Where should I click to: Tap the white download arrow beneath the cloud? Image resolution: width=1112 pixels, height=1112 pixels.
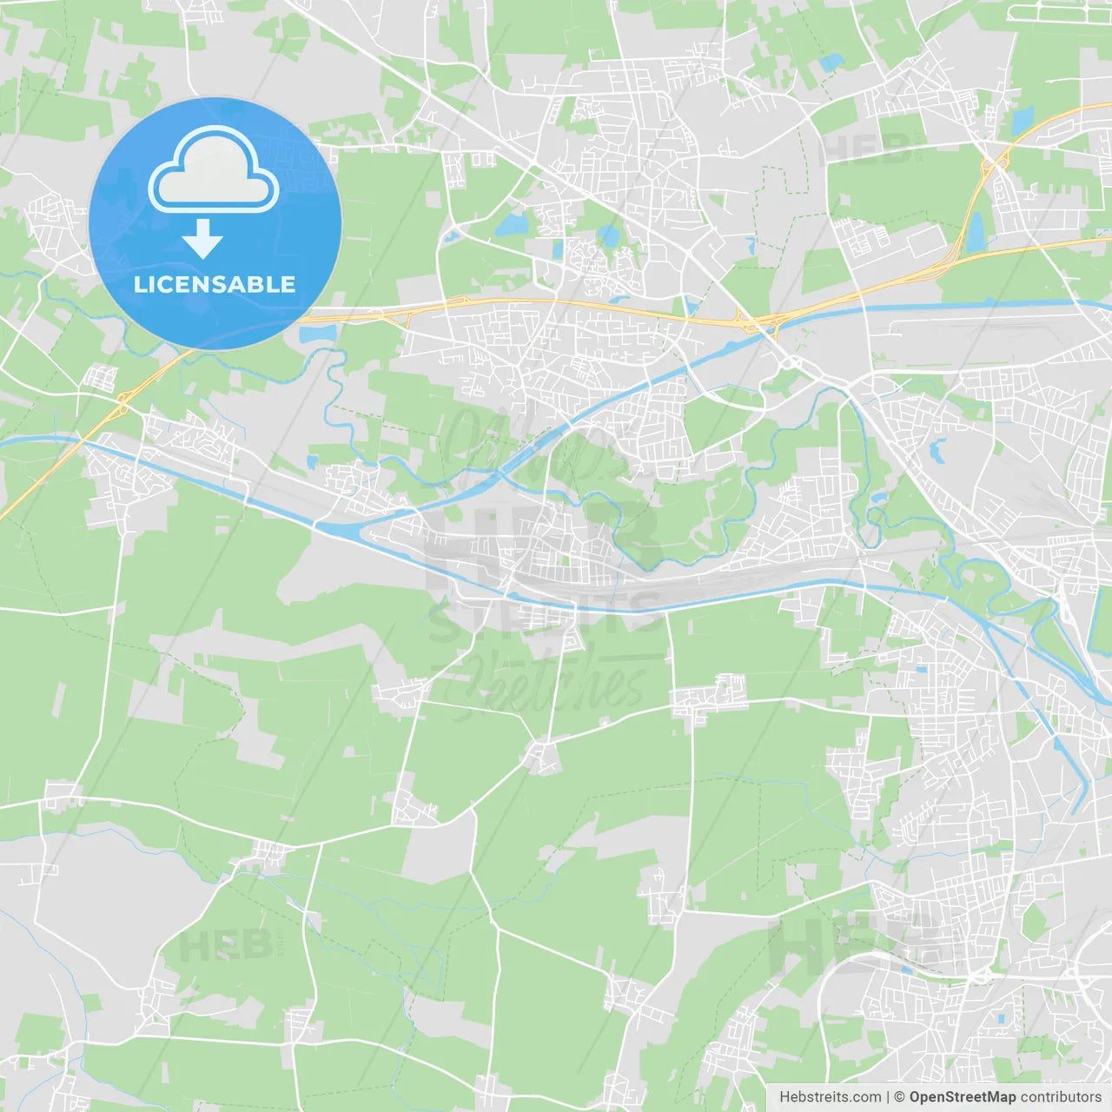click(202, 239)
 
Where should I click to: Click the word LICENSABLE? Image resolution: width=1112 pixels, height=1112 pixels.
click(215, 284)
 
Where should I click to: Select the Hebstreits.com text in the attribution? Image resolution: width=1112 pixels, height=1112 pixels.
click(830, 1097)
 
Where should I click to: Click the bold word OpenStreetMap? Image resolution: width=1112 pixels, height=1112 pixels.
click(963, 1097)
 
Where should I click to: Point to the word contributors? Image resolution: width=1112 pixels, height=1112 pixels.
click(1061, 1097)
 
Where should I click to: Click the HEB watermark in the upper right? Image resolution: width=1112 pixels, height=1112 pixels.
click(865, 149)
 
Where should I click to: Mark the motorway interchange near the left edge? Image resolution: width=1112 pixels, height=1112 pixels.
click(122, 401)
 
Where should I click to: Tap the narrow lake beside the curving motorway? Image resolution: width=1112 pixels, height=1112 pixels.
click(976, 231)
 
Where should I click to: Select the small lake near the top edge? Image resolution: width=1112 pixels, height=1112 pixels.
click(832, 63)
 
